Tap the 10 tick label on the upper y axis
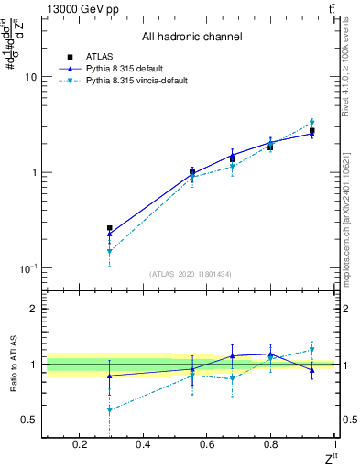coord(30,78)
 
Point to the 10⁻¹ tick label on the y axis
coord(28,268)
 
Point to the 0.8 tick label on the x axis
coord(271,445)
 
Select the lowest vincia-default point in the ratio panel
coord(110,410)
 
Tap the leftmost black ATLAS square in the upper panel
coord(110,228)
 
